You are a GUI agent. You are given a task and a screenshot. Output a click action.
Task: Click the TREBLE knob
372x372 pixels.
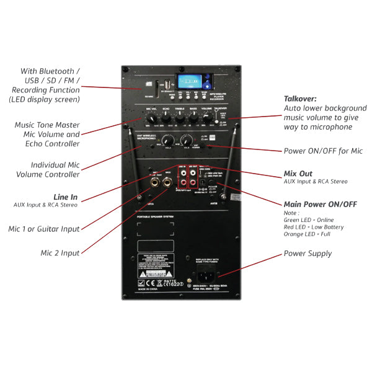pyautogui.click(x=180, y=117)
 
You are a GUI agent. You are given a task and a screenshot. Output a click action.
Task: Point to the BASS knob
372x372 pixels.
pyautogui.click(x=194, y=117)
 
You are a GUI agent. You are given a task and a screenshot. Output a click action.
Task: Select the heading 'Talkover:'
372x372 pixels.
pyautogui.click(x=300, y=99)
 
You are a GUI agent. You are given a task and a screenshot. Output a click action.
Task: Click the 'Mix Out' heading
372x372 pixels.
pyautogui.click(x=298, y=174)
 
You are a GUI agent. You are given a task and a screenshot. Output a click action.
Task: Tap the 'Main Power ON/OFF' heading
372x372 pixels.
pyautogui.click(x=320, y=204)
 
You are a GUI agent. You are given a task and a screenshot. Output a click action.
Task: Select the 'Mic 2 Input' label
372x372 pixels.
pyautogui.click(x=60, y=253)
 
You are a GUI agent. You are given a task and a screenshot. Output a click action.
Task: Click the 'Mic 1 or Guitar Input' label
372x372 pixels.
pyautogui.click(x=45, y=229)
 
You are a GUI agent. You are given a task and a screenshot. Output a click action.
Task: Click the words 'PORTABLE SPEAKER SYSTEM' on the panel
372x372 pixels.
pyautogui.click(x=153, y=217)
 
